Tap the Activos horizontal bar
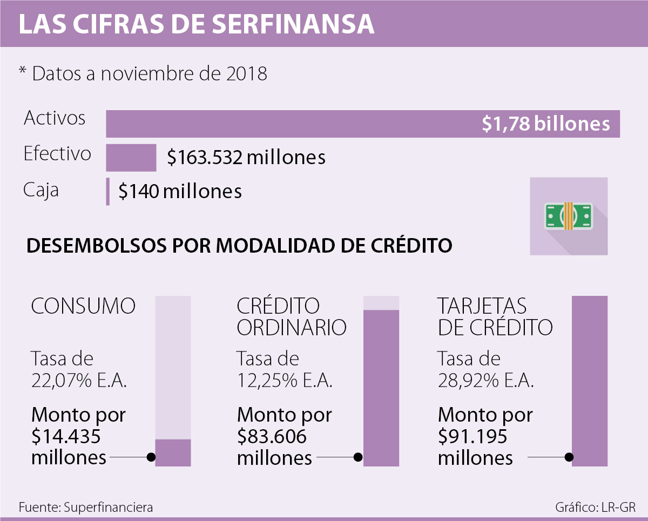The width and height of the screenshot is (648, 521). pos(292,124)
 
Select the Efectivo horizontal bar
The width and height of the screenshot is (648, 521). pos(131,158)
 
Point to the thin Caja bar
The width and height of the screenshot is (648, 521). pos(108,192)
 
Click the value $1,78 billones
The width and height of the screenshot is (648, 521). pos(546,124)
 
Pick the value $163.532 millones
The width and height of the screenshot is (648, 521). pos(246,158)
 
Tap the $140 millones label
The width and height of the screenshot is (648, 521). pos(180,192)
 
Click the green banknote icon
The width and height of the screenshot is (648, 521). pos(568,215)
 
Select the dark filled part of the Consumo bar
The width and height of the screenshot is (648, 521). pos(173,452)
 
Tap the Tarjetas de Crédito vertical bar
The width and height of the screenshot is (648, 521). pos(590,381)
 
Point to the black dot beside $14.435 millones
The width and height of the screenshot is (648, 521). pos(152,457)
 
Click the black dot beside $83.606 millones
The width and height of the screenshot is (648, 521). pos(357,457)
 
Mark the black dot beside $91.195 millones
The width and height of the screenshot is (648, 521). pos(569,457)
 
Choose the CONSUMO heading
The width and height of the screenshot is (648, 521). pos(83,306)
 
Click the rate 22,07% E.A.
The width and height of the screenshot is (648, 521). pos(79,381)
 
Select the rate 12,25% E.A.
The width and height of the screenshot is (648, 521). pos(285,381)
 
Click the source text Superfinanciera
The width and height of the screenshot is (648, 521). pos(108,508)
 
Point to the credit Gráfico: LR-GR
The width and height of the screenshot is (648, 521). pos(595,508)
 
